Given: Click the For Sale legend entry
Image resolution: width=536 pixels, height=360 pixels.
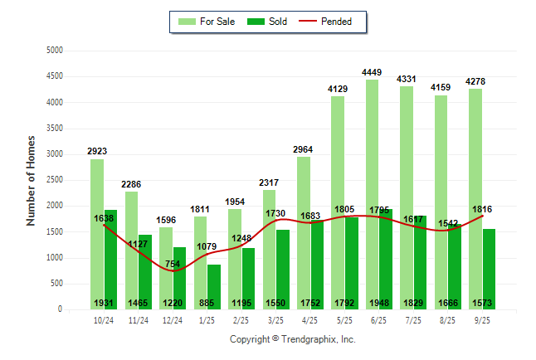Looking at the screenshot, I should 209,22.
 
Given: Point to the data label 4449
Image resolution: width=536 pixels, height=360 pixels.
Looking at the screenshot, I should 372,73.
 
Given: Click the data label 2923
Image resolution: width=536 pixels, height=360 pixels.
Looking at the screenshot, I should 97,152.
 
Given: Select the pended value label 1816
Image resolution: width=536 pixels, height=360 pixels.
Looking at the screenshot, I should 481,209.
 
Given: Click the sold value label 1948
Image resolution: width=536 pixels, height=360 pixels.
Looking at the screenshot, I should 381,303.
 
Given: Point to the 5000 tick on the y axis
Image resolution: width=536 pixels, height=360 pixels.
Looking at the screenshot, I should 55,51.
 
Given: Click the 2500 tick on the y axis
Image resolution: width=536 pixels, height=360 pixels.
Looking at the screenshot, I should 55,180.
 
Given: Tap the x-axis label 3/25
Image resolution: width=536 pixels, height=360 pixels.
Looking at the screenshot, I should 276,321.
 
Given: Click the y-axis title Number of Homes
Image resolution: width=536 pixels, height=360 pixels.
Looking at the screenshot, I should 31,180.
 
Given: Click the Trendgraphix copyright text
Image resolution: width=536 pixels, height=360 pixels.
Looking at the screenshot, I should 292,339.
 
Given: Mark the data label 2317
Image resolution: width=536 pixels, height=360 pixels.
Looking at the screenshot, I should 269,183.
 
